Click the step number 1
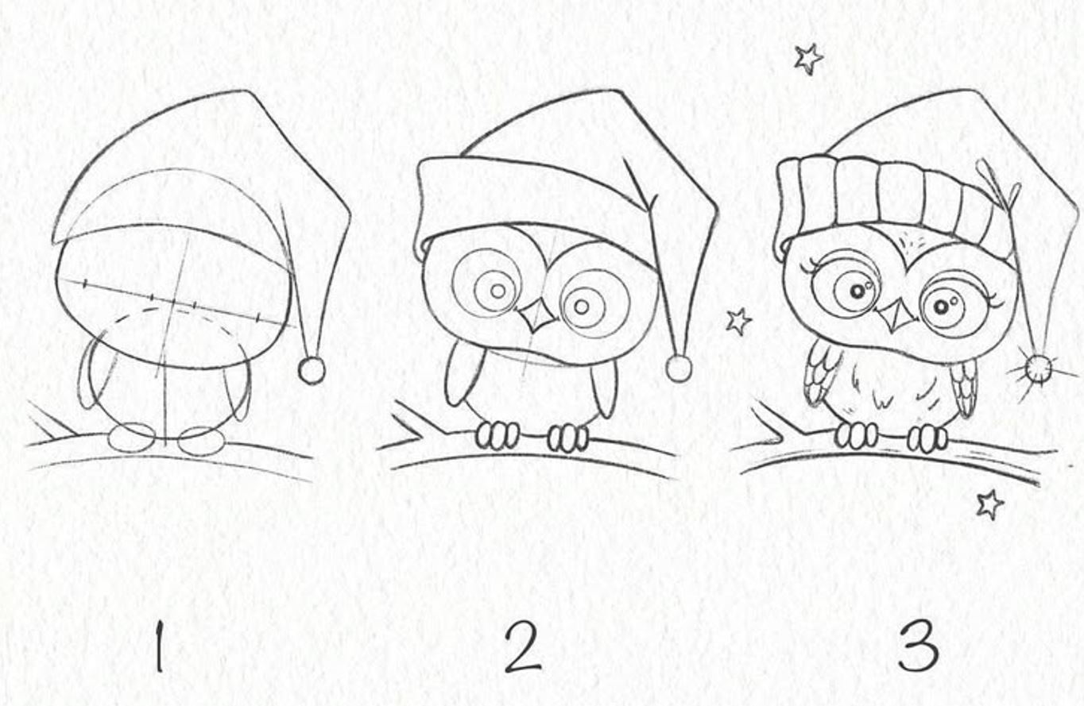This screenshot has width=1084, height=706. click(x=159, y=647)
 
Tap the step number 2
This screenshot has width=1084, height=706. click(x=522, y=647)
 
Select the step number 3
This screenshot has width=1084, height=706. click(x=919, y=647)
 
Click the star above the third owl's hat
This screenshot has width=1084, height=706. click(x=808, y=59)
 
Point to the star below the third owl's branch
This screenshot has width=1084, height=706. click(x=989, y=504)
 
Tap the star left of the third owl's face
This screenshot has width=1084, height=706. click(x=738, y=322)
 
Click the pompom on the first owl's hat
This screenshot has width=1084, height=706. click(x=312, y=370)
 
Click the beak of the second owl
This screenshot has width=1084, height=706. click(x=538, y=317)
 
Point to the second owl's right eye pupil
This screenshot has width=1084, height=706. click(x=583, y=307)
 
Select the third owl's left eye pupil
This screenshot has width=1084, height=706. click(x=857, y=291)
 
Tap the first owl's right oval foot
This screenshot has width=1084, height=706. click(x=201, y=441)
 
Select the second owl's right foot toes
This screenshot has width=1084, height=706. click(x=568, y=438)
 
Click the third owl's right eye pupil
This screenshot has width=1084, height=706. click(x=941, y=307)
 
